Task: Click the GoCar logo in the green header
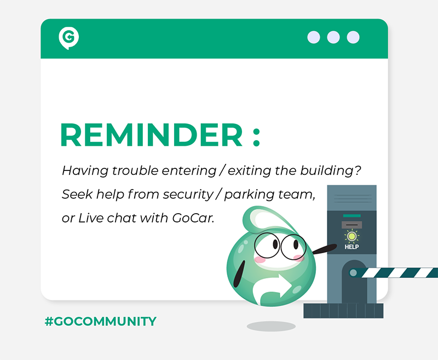(x=69, y=38)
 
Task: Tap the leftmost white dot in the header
(x=314, y=37)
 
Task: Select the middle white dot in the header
(x=333, y=37)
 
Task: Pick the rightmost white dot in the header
(x=353, y=37)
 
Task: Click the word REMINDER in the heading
(x=151, y=135)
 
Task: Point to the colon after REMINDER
(x=256, y=138)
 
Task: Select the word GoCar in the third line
(x=193, y=218)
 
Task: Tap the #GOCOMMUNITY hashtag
(x=101, y=321)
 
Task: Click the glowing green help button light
(x=351, y=237)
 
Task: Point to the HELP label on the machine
(x=351, y=247)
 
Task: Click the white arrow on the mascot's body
(x=272, y=289)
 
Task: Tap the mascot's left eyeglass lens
(x=267, y=245)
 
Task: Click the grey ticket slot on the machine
(x=351, y=225)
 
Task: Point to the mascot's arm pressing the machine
(x=324, y=249)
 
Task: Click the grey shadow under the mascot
(x=271, y=326)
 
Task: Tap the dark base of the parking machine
(x=343, y=311)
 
